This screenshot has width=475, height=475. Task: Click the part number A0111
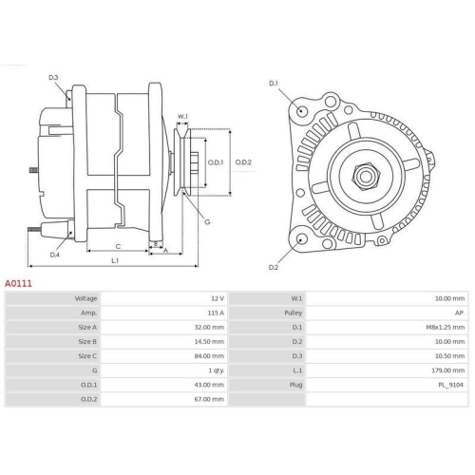(19, 283)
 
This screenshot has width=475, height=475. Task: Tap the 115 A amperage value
(214, 313)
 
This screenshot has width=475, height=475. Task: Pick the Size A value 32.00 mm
(208, 327)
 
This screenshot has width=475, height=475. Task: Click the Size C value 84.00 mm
(208, 355)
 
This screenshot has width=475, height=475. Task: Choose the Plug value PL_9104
(451, 384)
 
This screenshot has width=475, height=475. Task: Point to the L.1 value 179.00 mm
(448, 370)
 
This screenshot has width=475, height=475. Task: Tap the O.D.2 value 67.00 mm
(208, 399)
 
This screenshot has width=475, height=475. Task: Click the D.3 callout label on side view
(53, 77)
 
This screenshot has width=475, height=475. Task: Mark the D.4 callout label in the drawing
(54, 254)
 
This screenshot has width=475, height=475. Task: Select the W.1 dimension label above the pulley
(183, 118)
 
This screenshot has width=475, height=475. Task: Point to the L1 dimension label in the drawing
(114, 260)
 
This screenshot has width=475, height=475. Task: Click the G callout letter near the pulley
(207, 221)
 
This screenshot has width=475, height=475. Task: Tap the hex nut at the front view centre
(364, 176)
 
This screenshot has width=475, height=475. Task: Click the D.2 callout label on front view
(273, 267)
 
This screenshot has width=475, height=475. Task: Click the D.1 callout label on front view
(273, 84)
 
